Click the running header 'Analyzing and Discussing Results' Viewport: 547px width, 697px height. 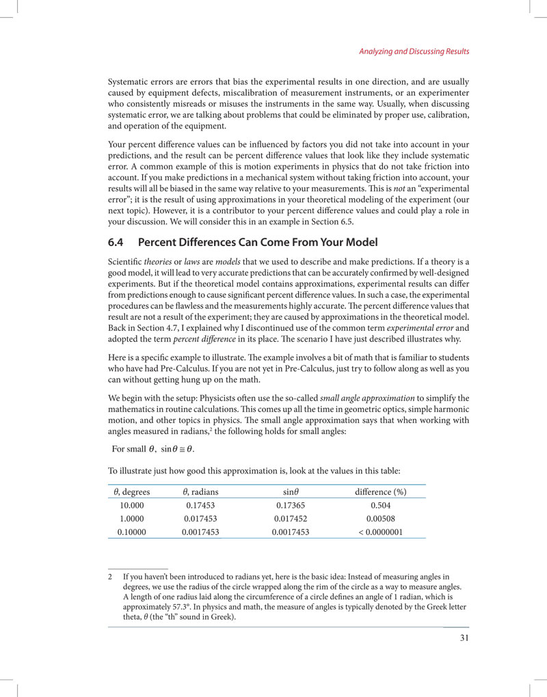click(414, 52)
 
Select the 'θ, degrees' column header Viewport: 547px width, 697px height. click(132, 492)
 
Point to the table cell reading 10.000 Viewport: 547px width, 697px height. click(132, 506)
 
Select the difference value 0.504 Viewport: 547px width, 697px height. click(381, 506)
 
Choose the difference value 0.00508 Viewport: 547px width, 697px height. click(381, 518)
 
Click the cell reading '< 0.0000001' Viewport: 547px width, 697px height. click(381, 531)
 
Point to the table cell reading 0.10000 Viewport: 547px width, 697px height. click(132, 531)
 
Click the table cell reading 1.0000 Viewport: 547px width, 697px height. click(132, 518)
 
